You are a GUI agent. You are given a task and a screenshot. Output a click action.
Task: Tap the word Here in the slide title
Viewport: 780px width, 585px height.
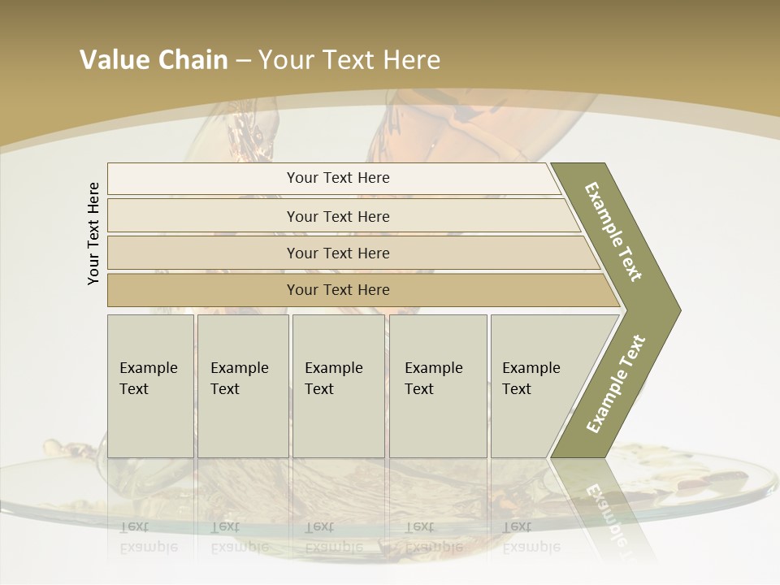411,59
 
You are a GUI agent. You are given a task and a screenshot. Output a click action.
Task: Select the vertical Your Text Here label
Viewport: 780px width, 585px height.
93,233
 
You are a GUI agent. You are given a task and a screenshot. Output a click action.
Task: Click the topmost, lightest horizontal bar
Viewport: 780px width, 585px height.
337,178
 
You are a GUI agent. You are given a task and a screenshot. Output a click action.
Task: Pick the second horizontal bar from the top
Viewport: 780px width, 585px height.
337,216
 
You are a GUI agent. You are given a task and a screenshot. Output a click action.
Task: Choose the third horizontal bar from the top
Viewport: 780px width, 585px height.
337,253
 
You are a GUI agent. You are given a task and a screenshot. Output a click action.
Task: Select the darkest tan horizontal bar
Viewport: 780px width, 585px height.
337,290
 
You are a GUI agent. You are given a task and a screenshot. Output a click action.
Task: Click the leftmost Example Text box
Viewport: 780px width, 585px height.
149,385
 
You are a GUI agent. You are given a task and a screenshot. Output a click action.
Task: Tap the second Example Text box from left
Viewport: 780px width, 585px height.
242,385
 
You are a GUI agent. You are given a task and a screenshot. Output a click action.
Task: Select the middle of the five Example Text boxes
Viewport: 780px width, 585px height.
337,385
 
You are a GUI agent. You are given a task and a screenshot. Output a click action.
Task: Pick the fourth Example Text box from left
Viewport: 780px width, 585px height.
437,385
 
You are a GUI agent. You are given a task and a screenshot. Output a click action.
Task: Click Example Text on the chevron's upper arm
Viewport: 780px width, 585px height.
614,232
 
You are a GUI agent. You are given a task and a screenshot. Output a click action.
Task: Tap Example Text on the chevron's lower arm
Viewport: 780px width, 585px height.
616,383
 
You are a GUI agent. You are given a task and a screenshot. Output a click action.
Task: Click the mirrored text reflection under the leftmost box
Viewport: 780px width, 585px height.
149,537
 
